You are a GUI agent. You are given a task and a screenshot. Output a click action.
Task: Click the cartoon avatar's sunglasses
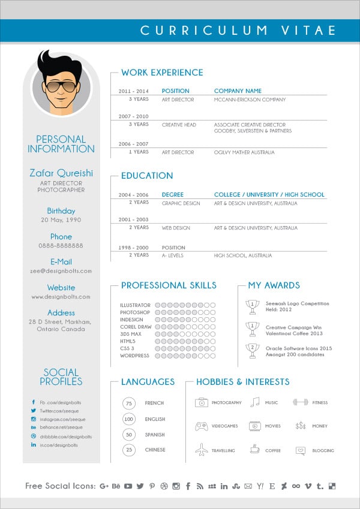click(x=61, y=86)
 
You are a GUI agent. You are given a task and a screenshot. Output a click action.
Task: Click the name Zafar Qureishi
click(x=61, y=173)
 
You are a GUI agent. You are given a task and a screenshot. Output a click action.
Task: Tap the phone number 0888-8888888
click(x=61, y=246)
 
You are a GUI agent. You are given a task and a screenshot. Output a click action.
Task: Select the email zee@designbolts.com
click(x=61, y=271)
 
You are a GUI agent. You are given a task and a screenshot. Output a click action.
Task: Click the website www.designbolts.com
click(x=61, y=297)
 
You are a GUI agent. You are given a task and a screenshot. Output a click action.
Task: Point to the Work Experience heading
click(x=162, y=73)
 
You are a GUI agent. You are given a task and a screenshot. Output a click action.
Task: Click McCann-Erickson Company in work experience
click(x=250, y=100)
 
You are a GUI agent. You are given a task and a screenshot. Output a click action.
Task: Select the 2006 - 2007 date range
click(x=133, y=144)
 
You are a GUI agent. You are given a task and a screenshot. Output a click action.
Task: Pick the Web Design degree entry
click(x=176, y=228)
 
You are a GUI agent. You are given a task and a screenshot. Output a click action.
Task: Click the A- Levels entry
click(x=172, y=255)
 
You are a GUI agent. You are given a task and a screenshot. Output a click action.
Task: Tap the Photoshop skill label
click(x=134, y=313)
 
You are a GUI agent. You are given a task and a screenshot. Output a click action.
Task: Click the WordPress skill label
click(x=134, y=356)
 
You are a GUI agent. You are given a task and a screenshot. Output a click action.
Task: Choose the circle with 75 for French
click(x=129, y=403)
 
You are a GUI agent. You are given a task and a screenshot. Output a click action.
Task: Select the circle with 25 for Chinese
click(x=129, y=450)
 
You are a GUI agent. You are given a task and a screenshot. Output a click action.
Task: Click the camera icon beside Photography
click(x=201, y=403)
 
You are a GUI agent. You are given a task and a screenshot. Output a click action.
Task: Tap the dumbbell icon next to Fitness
click(x=301, y=403)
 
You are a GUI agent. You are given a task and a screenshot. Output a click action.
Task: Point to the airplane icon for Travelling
click(x=201, y=450)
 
